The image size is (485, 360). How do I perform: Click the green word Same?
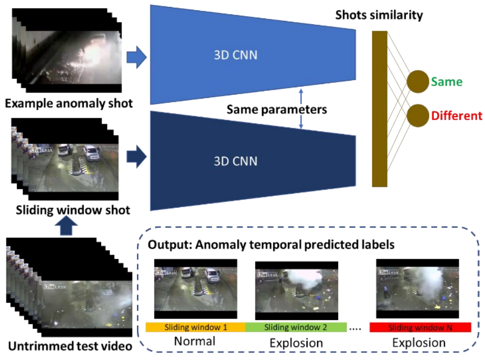(x=446, y=82)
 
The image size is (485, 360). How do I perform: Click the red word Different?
(x=455, y=116)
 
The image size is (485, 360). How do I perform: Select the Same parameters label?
(x=276, y=110)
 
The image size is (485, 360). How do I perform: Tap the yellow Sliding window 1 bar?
(x=195, y=327)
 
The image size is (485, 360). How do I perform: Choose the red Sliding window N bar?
(x=420, y=327)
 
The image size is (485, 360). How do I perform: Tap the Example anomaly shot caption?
(x=68, y=103)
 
